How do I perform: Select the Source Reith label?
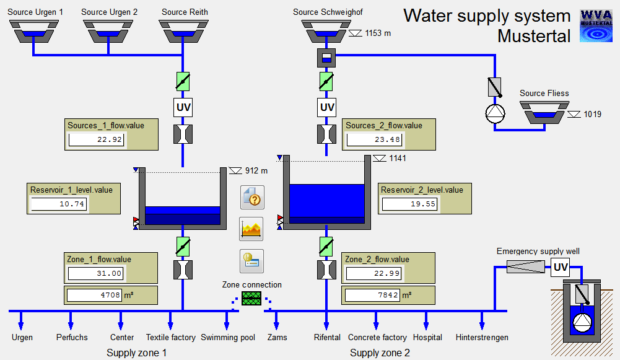click(185, 12)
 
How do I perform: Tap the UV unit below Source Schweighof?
click(327, 107)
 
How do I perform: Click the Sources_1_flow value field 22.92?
click(96, 139)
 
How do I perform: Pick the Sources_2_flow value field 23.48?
click(374, 139)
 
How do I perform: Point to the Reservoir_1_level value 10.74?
click(59, 204)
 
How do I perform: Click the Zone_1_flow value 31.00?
click(96, 273)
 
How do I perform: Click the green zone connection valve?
click(251, 299)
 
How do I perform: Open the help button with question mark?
click(251, 198)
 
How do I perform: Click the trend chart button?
click(251, 229)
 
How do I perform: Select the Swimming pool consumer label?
click(228, 338)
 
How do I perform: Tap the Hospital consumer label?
click(428, 338)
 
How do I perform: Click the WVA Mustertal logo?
click(596, 25)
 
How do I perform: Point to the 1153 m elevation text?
click(378, 33)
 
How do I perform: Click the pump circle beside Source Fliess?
click(495, 113)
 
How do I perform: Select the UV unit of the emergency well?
click(561, 268)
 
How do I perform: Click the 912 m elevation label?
click(256, 170)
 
